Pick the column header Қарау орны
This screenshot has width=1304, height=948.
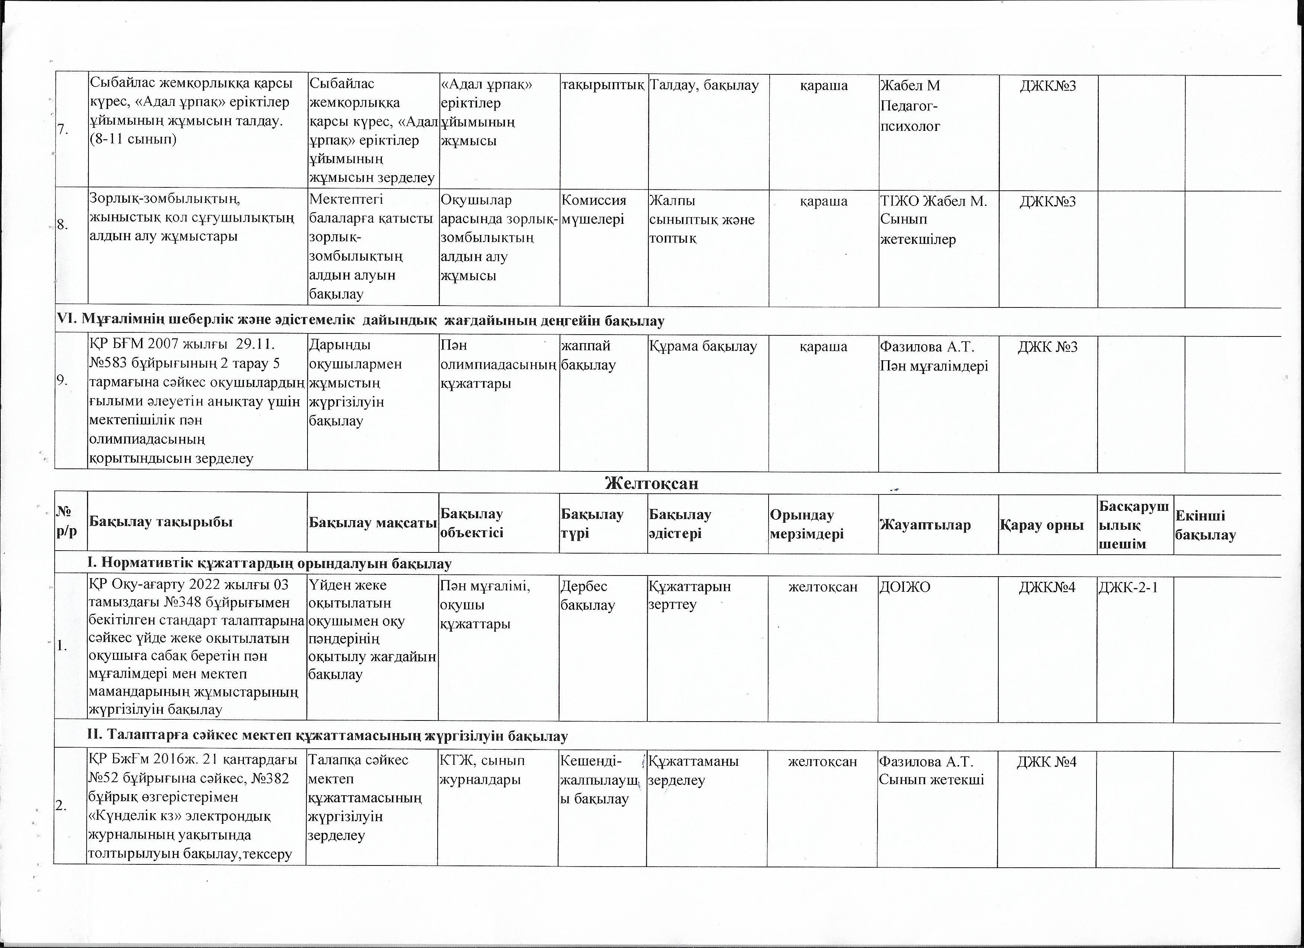[1046, 524]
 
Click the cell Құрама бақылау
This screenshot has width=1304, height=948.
[703, 346]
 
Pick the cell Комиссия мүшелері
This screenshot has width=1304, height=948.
[593, 210]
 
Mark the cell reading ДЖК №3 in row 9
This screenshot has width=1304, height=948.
[1047, 346]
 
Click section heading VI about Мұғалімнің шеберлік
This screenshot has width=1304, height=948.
[360, 321]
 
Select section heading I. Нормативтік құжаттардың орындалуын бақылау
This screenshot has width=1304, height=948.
[269, 563]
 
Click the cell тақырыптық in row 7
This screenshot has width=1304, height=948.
[603, 86]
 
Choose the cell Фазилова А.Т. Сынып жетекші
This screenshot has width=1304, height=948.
[931, 770]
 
